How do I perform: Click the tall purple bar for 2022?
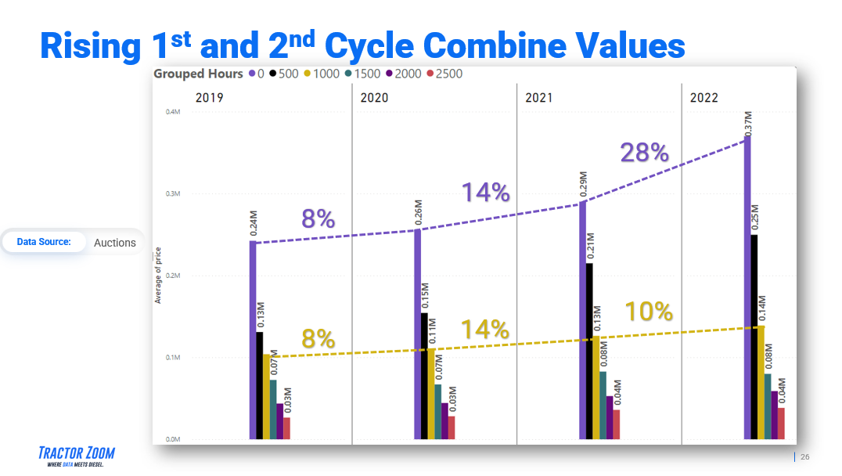(x=747, y=287)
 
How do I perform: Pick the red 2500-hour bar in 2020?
(x=451, y=427)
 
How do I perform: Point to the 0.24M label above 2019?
(x=254, y=223)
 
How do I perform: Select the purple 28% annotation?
(x=644, y=153)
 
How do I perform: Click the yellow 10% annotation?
(x=649, y=312)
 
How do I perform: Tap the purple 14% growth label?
(x=485, y=193)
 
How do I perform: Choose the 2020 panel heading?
(x=373, y=98)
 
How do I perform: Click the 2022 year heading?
(x=703, y=98)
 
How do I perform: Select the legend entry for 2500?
(x=444, y=74)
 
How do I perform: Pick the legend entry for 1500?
(x=362, y=74)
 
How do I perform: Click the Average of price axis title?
(x=158, y=275)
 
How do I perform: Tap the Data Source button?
(x=44, y=242)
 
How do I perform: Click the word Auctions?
(x=115, y=243)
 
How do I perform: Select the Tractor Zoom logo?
(x=76, y=456)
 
